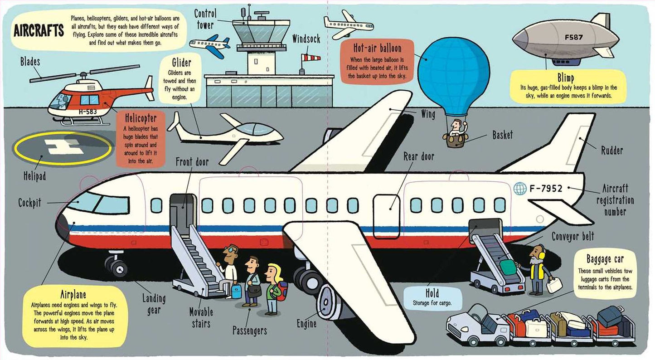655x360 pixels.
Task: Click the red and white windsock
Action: click(x=311, y=58)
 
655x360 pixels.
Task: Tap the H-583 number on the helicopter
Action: click(x=88, y=112)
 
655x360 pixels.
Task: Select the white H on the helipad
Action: click(x=64, y=146)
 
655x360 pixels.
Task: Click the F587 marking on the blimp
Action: click(x=573, y=38)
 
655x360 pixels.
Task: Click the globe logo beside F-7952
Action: click(x=520, y=189)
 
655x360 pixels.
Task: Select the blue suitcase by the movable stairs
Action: click(x=237, y=291)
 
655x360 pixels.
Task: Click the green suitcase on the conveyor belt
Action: click(x=508, y=267)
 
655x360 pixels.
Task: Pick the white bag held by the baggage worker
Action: click(x=554, y=285)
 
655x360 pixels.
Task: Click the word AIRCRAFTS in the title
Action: click(x=39, y=30)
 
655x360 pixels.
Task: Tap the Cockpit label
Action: click(x=29, y=203)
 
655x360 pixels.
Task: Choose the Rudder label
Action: click(x=612, y=151)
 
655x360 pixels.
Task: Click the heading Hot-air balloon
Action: click(x=378, y=48)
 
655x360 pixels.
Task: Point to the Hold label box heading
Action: click(x=432, y=293)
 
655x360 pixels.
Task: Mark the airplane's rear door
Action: click(x=386, y=216)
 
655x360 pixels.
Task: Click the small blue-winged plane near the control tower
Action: click(x=210, y=45)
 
